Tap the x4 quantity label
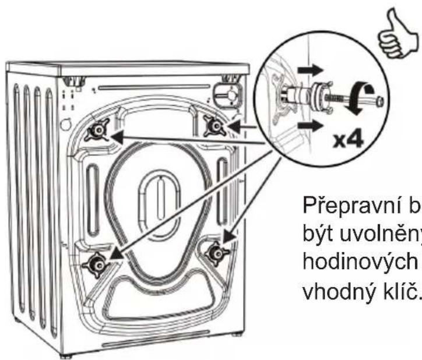[348, 140]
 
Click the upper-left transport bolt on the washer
[97, 130]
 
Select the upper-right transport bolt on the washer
[215, 125]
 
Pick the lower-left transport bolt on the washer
[96, 264]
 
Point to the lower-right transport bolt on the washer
[217, 253]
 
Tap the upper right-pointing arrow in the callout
[310, 70]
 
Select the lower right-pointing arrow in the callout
[310, 126]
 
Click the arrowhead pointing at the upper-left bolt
[118, 137]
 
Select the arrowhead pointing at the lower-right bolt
[229, 235]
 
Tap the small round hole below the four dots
[66, 125]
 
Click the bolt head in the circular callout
[380, 102]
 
